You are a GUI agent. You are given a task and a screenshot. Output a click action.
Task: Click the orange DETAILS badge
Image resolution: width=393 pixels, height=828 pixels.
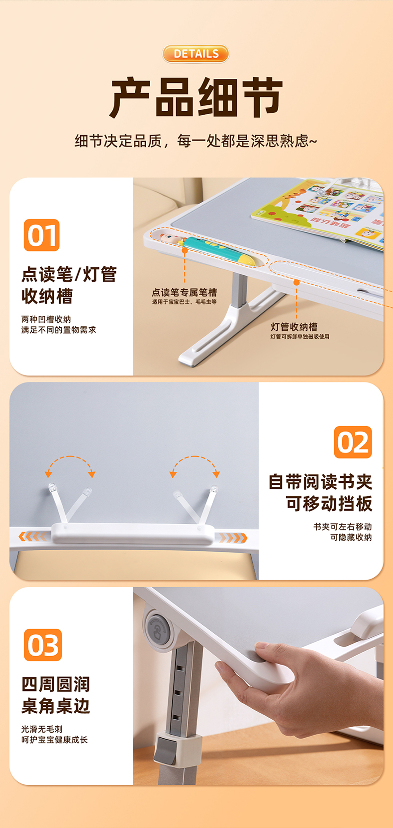click(196, 54)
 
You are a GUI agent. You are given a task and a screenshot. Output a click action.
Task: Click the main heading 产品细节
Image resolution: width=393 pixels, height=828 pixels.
click(196, 98)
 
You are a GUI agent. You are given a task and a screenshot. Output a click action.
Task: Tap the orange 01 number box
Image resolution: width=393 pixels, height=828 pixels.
click(41, 235)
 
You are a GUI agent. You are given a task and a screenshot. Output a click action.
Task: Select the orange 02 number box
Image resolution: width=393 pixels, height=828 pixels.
click(353, 442)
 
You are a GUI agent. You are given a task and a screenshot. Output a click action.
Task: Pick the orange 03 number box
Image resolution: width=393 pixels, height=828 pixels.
click(43, 645)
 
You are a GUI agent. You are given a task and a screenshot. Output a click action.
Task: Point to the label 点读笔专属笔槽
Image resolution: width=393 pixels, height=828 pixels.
click(184, 293)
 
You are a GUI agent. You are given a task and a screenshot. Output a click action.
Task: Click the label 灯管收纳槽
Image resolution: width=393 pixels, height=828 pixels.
click(294, 327)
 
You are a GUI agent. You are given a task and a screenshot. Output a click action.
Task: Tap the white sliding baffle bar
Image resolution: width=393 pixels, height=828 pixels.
click(133, 533)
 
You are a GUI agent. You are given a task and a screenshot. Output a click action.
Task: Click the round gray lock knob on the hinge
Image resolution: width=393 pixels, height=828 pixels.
click(158, 629)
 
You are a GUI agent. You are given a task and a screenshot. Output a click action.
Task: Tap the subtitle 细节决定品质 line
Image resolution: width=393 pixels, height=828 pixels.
click(196, 141)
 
